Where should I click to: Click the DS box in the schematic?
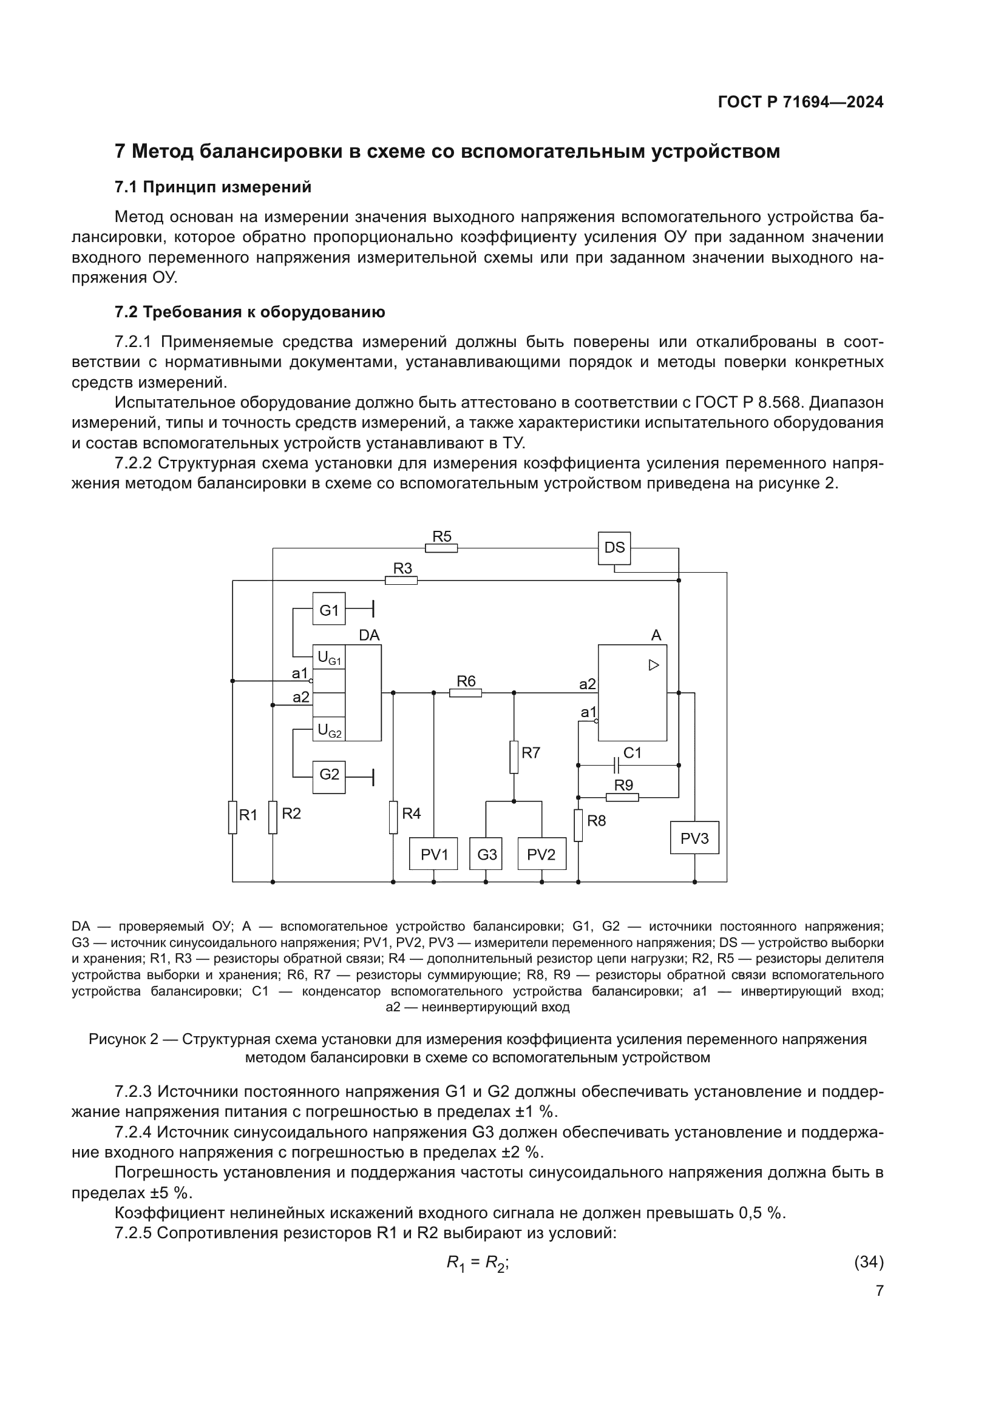pyautogui.click(x=614, y=548)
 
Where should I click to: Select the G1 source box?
pyautogui.click(x=329, y=608)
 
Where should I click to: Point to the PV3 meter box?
pyautogui.click(x=694, y=837)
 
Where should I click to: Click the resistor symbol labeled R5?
pyautogui.click(x=441, y=548)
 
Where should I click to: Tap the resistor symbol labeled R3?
pyautogui.click(x=401, y=581)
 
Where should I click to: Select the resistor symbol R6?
pyautogui.click(x=466, y=693)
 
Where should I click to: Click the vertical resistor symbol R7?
pyautogui.click(x=514, y=757)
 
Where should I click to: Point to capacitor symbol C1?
pyautogui.click(x=616, y=765)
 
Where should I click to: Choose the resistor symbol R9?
pyautogui.click(x=622, y=797)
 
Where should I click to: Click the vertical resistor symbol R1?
pyautogui.click(x=232, y=817)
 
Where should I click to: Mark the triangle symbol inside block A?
pyautogui.click(x=654, y=665)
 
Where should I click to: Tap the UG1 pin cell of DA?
pyautogui.click(x=329, y=658)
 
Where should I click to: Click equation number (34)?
pyautogui.click(x=869, y=1262)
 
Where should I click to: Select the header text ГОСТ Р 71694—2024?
pyautogui.click(x=801, y=103)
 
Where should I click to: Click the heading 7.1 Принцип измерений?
pyautogui.click(x=212, y=187)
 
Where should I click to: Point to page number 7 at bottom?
pyautogui.click(x=880, y=1290)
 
